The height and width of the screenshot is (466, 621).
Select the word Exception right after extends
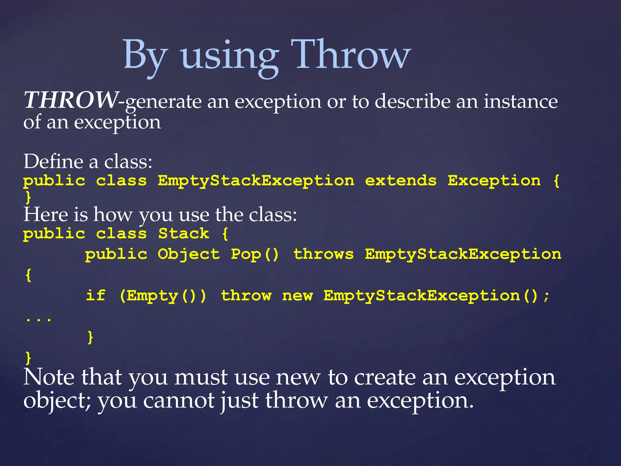pyautogui.click(x=494, y=181)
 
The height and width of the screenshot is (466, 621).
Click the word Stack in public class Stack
pyautogui.click(x=183, y=234)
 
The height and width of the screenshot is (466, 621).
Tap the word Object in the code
pyautogui.click(x=189, y=254)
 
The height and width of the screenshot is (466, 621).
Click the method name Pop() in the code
pyautogui.click(x=254, y=254)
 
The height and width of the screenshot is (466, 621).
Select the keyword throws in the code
pyautogui.click(x=323, y=254)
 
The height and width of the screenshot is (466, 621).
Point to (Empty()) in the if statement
pyautogui.click(x=163, y=296)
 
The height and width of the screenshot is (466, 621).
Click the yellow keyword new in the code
pyautogui.click(x=297, y=296)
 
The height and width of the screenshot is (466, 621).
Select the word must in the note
pyautogui.click(x=200, y=378)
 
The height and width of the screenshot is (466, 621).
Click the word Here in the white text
pyautogui.click(x=45, y=214)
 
